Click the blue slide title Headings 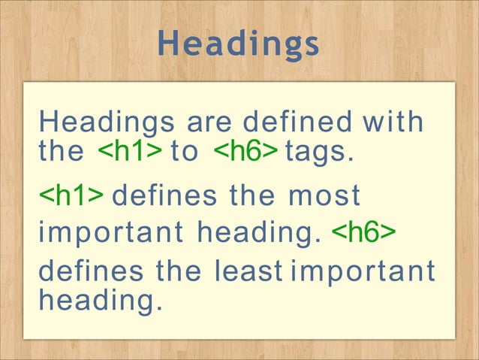(239, 44)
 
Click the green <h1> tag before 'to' (129, 151)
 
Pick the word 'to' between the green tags (185, 151)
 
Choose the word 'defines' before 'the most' (161, 197)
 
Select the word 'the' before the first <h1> (61, 151)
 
